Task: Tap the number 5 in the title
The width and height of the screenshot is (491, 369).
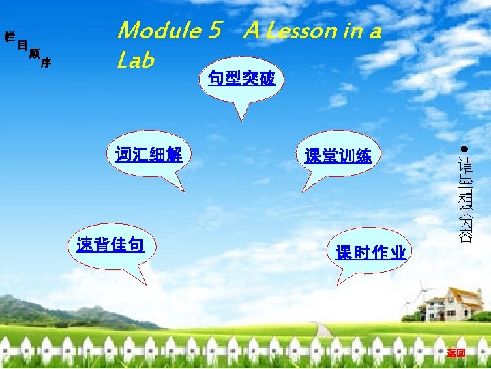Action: [x=216, y=31]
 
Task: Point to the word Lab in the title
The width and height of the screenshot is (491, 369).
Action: [x=136, y=60]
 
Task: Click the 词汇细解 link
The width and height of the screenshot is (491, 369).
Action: [x=149, y=153]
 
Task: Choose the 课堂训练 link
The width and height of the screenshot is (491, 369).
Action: [x=338, y=156]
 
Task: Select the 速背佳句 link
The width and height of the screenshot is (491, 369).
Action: [x=110, y=244]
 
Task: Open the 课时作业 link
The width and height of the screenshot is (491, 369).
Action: [x=371, y=253]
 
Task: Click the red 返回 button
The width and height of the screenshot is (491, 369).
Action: [x=456, y=353]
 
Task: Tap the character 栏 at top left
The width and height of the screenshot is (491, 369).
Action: [x=10, y=36]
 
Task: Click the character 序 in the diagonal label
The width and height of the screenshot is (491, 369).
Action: [x=46, y=64]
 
